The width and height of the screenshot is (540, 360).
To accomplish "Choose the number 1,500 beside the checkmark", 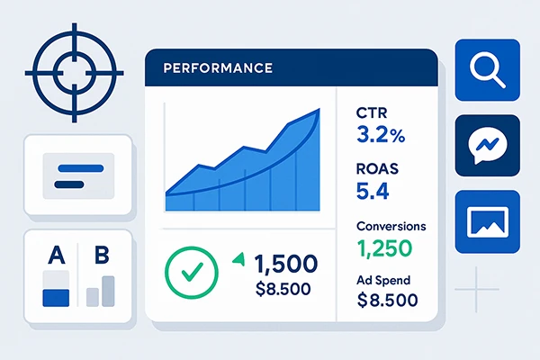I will pyautogui.click(x=285, y=264).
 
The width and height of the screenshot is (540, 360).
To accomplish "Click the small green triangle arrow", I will pyautogui.click(x=238, y=259).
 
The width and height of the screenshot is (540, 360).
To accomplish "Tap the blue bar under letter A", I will pyautogui.click(x=56, y=296).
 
